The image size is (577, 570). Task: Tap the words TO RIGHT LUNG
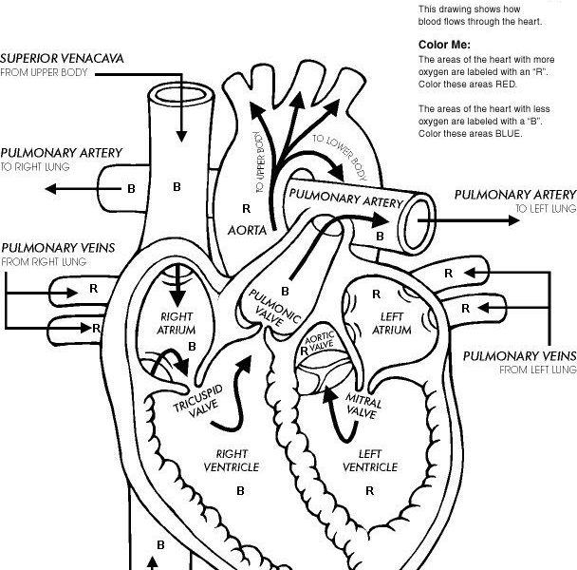[35, 166]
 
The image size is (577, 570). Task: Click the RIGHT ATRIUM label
[177, 324]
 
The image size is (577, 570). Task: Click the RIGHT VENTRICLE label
[232, 460]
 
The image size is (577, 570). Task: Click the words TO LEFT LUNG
[545, 208]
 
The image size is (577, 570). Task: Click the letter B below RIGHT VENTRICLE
[240, 491]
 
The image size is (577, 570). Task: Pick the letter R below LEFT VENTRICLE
[369, 491]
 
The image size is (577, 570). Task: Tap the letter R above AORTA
[247, 207]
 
